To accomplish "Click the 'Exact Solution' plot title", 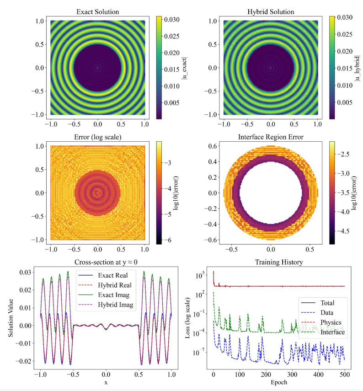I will [97, 11].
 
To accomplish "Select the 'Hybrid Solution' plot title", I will [270, 11].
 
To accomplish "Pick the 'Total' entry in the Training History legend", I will [327, 302].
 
